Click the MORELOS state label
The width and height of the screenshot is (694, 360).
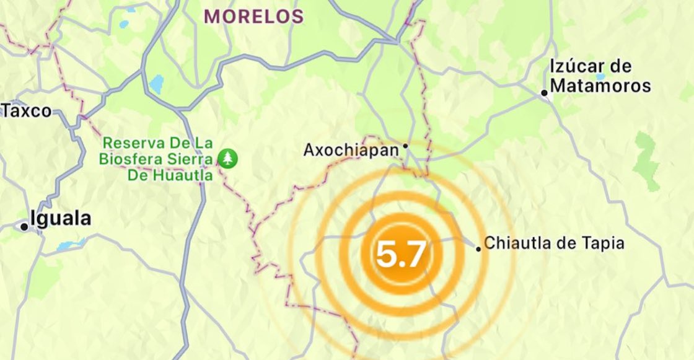coord(254,17)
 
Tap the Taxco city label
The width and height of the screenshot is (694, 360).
coord(26,112)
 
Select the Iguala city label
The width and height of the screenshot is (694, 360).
coord(60,219)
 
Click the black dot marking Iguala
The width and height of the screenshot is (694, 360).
coord(24,227)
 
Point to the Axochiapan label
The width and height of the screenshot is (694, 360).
coord(351,150)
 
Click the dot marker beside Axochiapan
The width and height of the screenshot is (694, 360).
coord(405,147)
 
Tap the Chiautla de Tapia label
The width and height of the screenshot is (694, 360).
coord(554,244)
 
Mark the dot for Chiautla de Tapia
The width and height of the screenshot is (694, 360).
coord(478,249)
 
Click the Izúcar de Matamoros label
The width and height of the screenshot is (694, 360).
coord(600,76)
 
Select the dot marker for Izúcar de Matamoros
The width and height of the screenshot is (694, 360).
coord(544,94)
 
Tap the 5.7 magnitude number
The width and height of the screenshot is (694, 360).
coord(402,254)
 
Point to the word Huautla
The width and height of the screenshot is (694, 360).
coord(185,175)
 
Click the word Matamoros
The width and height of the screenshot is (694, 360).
coord(600,86)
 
